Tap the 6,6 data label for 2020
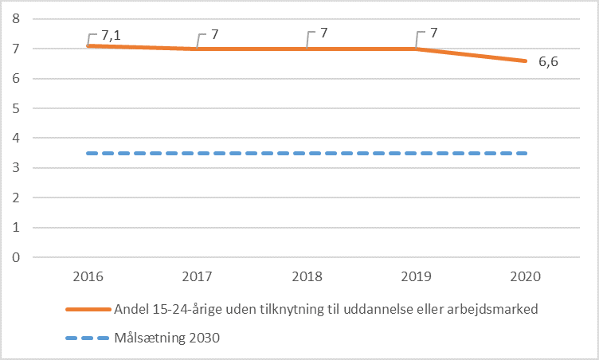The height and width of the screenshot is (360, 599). point(548,62)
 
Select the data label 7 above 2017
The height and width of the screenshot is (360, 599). point(214,36)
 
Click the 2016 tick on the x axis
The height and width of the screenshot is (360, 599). point(88,278)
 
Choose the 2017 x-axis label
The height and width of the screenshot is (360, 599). point(197,278)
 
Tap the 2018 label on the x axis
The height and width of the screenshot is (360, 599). point(307,278)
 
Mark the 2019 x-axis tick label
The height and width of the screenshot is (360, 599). point(416,278)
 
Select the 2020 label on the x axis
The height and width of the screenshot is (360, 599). point(526,278)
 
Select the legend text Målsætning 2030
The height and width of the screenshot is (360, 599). point(167,338)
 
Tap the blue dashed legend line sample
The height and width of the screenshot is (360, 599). point(88,338)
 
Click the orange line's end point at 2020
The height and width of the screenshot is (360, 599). point(526,61)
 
